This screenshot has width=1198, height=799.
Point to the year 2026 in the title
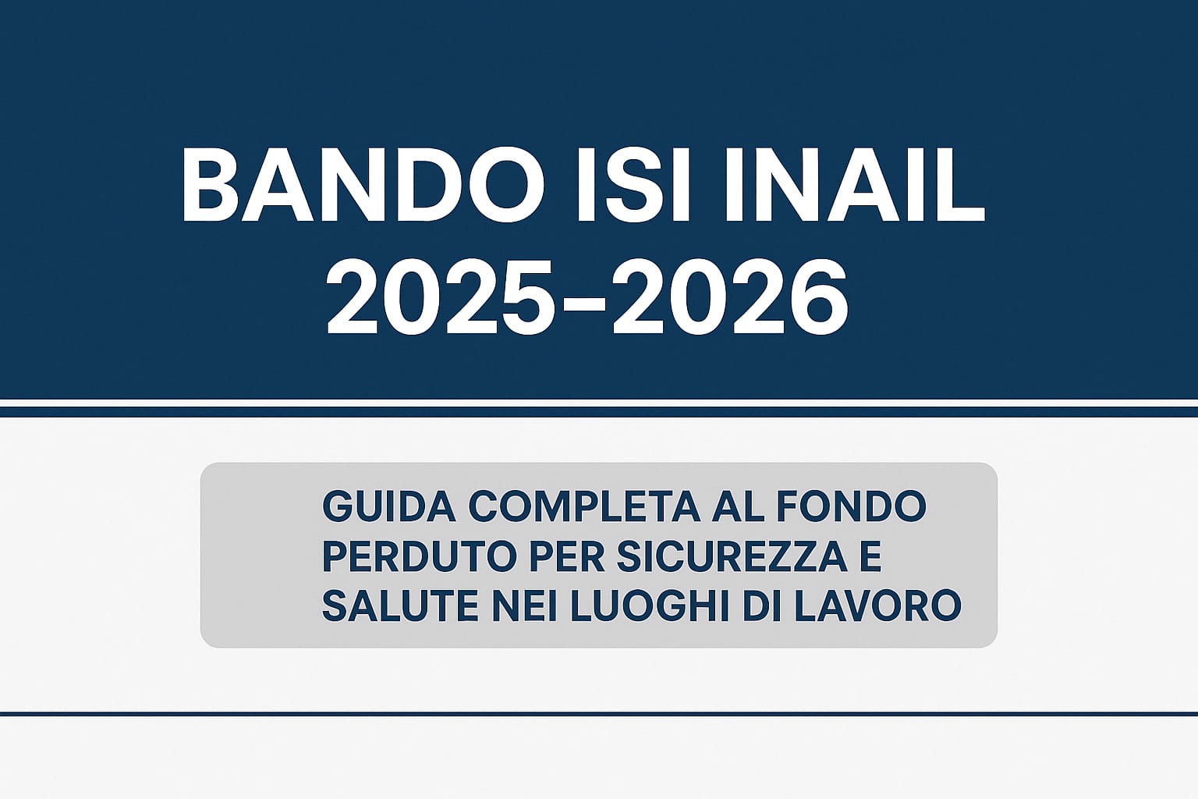730,298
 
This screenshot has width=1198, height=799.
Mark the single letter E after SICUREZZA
871,556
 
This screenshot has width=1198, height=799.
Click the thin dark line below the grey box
599,713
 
